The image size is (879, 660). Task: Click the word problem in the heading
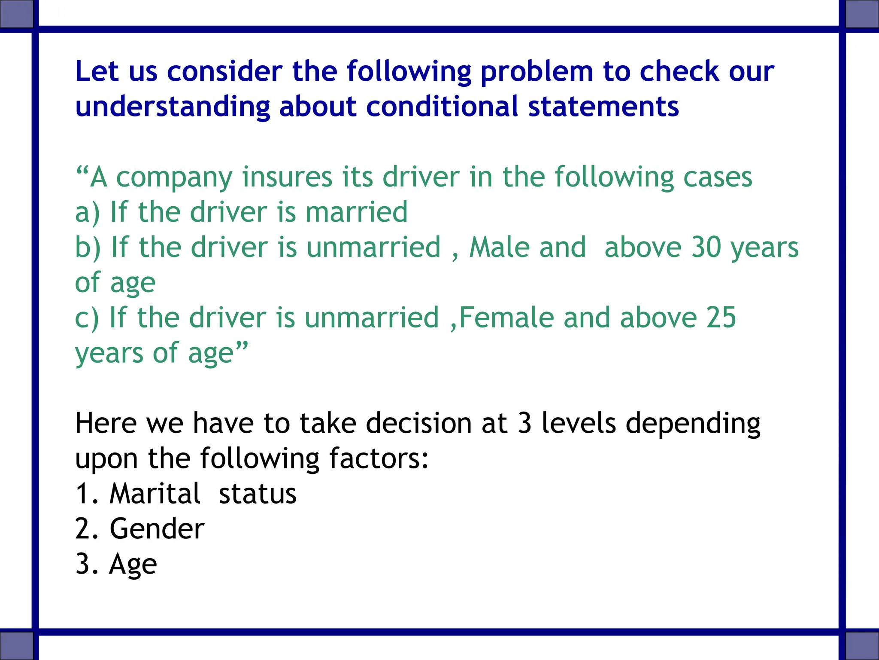pyautogui.click(x=537, y=72)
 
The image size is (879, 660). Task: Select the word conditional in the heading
pyautogui.click(x=442, y=107)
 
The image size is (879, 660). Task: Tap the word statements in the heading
pyautogui.click(x=603, y=107)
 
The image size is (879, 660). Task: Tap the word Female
pyautogui.click(x=506, y=318)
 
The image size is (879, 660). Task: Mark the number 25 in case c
pyautogui.click(x=721, y=318)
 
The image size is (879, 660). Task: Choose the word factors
pyautogui.click(x=379, y=459)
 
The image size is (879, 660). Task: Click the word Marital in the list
pyautogui.click(x=155, y=494)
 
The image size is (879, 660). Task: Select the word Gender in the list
pyautogui.click(x=157, y=529)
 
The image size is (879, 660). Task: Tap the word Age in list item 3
pyautogui.click(x=133, y=565)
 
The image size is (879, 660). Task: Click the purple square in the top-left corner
pyautogui.click(x=16, y=14)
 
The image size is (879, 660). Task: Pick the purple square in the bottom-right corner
pyautogui.click(x=862, y=645)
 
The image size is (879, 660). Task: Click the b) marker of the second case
pyautogui.click(x=88, y=248)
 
